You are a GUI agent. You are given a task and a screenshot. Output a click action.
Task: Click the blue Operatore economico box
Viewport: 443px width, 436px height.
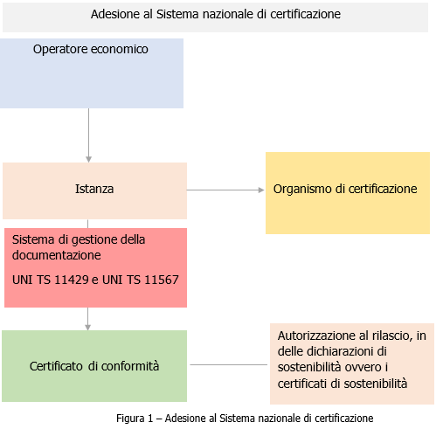coord(92,74)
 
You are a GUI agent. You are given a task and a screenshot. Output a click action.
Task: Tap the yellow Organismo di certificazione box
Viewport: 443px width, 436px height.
coord(347,192)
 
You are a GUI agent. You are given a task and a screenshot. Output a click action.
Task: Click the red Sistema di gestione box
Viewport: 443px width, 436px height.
coord(95,267)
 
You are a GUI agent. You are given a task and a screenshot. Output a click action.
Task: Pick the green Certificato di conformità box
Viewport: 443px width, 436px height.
coord(94,365)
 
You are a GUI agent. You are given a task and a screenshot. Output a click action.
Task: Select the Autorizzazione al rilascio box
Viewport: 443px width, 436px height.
coord(351,363)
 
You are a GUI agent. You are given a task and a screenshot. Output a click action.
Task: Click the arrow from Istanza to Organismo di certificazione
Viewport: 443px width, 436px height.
coord(225,190)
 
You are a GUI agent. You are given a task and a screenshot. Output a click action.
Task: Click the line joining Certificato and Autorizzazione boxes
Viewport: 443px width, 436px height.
coord(230,364)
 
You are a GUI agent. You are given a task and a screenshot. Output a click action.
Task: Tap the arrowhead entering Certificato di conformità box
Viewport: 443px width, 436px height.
coord(88,327)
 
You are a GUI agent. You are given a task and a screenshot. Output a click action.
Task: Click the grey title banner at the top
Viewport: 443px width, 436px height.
coord(215,16)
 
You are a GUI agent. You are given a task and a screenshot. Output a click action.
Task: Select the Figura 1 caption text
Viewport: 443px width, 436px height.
coord(245,418)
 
